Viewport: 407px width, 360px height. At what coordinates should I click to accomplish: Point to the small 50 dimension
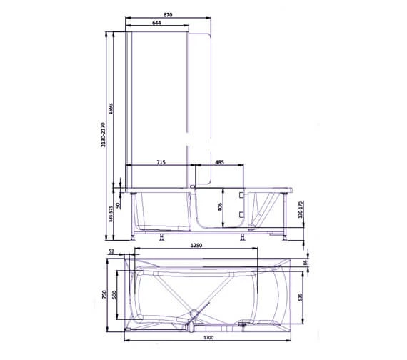[x=118, y=204]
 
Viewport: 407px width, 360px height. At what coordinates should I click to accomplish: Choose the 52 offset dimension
[x=112, y=251]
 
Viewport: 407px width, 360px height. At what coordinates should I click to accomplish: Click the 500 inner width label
[x=115, y=296]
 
